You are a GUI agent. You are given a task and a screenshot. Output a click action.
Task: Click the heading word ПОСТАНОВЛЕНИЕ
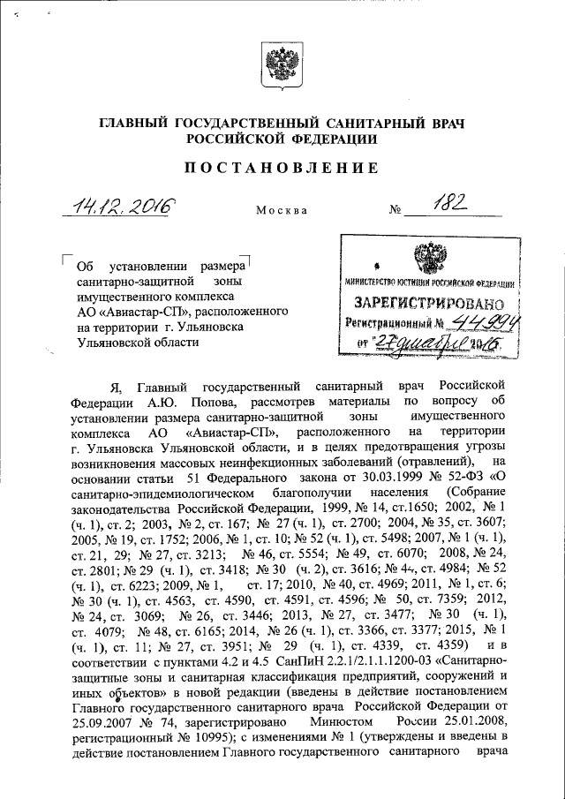(x=282, y=168)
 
